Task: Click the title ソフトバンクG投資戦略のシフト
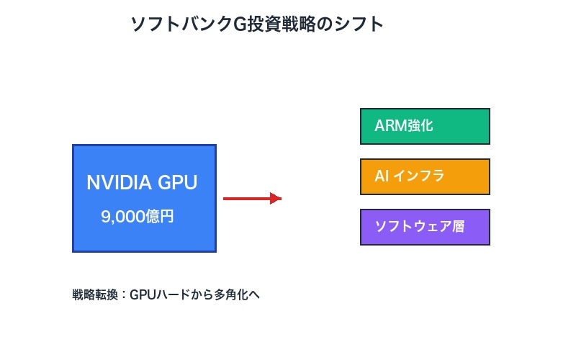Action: click(x=256, y=24)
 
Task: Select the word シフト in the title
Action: click(x=360, y=24)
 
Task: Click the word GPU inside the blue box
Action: click(x=177, y=183)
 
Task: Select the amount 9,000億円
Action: click(x=138, y=217)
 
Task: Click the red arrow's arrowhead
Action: click(x=275, y=198)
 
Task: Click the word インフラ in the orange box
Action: click(x=418, y=176)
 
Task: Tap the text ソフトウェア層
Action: click(x=419, y=227)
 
